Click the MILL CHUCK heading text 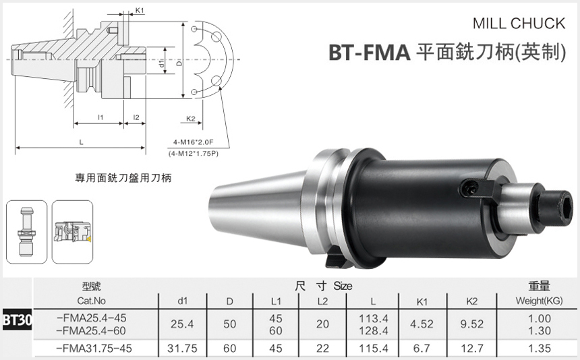click(x=518, y=24)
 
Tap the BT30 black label click(x=16, y=318)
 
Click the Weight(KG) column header click(x=539, y=301)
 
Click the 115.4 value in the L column click(x=375, y=349)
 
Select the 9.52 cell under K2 click(x=471, y=324)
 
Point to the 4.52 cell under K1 click(x=422, y=324)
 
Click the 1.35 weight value click(x=539, y=349)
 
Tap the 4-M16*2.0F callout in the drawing click(x=193, y=143)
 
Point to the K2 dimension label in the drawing click(x=190, y=119)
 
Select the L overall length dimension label click(x=81, y=142)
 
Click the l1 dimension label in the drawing click(x=100, y=118)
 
